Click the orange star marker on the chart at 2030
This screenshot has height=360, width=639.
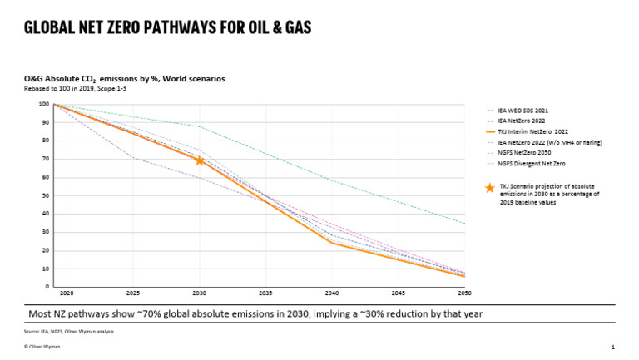pyautogui.click(x=200, y=160)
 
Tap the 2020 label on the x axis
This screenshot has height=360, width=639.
pyautogui.click(x=67, y=294)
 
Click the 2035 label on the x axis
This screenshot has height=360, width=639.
pyautogui.click(x=265, y=294)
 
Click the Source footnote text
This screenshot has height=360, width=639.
pyautogui.click(x=69, y=331)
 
